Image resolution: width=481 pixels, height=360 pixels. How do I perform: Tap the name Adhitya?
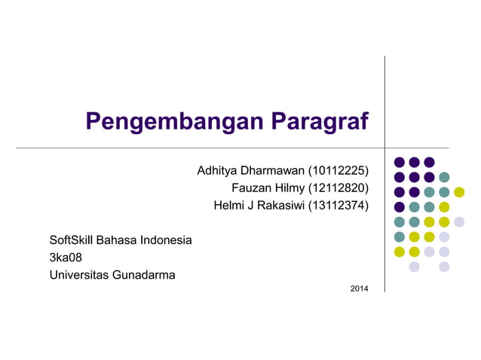[x=218, y=171]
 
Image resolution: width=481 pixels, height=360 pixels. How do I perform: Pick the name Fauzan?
[x=251, y=188]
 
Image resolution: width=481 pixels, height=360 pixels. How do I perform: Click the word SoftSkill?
[x=73, y=241]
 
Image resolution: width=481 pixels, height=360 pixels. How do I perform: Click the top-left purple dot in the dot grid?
[x=400, y=162]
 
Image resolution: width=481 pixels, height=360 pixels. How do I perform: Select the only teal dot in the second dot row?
[x=444, y=177]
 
